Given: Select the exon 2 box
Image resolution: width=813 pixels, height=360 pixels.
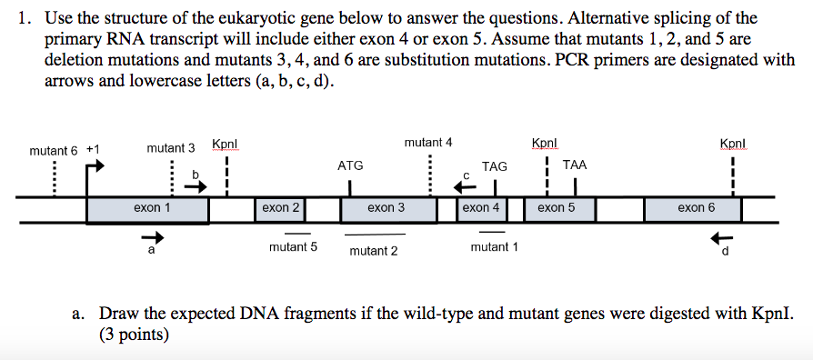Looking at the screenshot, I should tap(280, 209).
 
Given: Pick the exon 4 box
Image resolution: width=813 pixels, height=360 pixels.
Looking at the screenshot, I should tap(481, 209).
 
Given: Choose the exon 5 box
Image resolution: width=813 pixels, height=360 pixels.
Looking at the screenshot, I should tap(557, 209).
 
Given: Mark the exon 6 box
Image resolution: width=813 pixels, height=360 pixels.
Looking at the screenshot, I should tap(693, 209).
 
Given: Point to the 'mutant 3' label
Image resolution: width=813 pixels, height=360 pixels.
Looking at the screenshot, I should tap(171, 148).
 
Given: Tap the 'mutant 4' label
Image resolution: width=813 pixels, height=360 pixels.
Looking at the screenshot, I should tap(428, 143).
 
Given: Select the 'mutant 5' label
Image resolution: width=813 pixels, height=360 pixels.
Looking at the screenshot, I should tap(293, 246).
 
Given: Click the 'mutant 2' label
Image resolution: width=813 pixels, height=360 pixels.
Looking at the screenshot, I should tap(374, 251).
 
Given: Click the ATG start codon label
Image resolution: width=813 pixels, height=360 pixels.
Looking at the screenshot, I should tap(350, 165).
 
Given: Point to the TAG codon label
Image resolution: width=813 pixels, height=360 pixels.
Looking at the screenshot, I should tap(495, 166).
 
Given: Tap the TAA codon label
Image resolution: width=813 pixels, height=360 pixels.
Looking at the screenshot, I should tap(575, 165).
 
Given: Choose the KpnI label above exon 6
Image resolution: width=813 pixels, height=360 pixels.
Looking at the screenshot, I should tap(732, 145).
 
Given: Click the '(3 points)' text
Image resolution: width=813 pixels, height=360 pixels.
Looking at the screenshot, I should tap(134, 335).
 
